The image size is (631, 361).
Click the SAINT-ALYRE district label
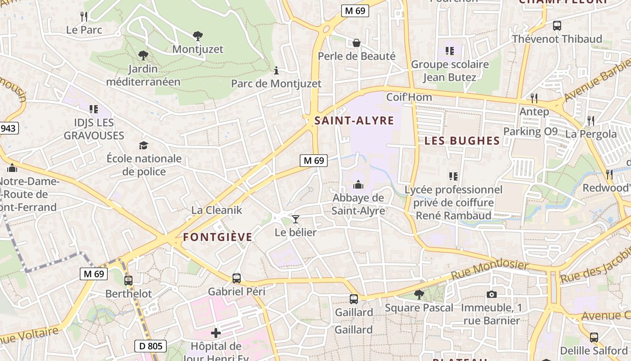point(354,120)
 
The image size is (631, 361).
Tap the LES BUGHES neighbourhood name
point(462,140)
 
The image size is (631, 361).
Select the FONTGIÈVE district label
point(218,237)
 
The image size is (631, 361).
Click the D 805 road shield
point(151,346)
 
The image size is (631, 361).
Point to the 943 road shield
point(8,128)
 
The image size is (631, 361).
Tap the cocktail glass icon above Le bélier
point(296,219)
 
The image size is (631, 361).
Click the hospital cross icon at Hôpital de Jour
point(216,333)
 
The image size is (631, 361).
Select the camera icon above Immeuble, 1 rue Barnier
point(492,295)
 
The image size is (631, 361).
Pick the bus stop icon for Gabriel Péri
point(237,278)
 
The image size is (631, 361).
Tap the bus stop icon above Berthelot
point(128,280)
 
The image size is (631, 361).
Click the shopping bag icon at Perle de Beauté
point(357,43)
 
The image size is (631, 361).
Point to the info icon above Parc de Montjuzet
point(276,70)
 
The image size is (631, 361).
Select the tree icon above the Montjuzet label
point(197,36)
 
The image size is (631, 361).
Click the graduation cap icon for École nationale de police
point(143,145)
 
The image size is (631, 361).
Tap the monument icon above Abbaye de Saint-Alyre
point(358,185)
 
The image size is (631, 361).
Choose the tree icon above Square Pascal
point(419,295)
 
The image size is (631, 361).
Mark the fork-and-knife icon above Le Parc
point(84,17)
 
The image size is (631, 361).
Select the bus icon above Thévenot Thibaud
point(557,26)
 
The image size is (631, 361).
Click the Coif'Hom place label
point(409,97)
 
